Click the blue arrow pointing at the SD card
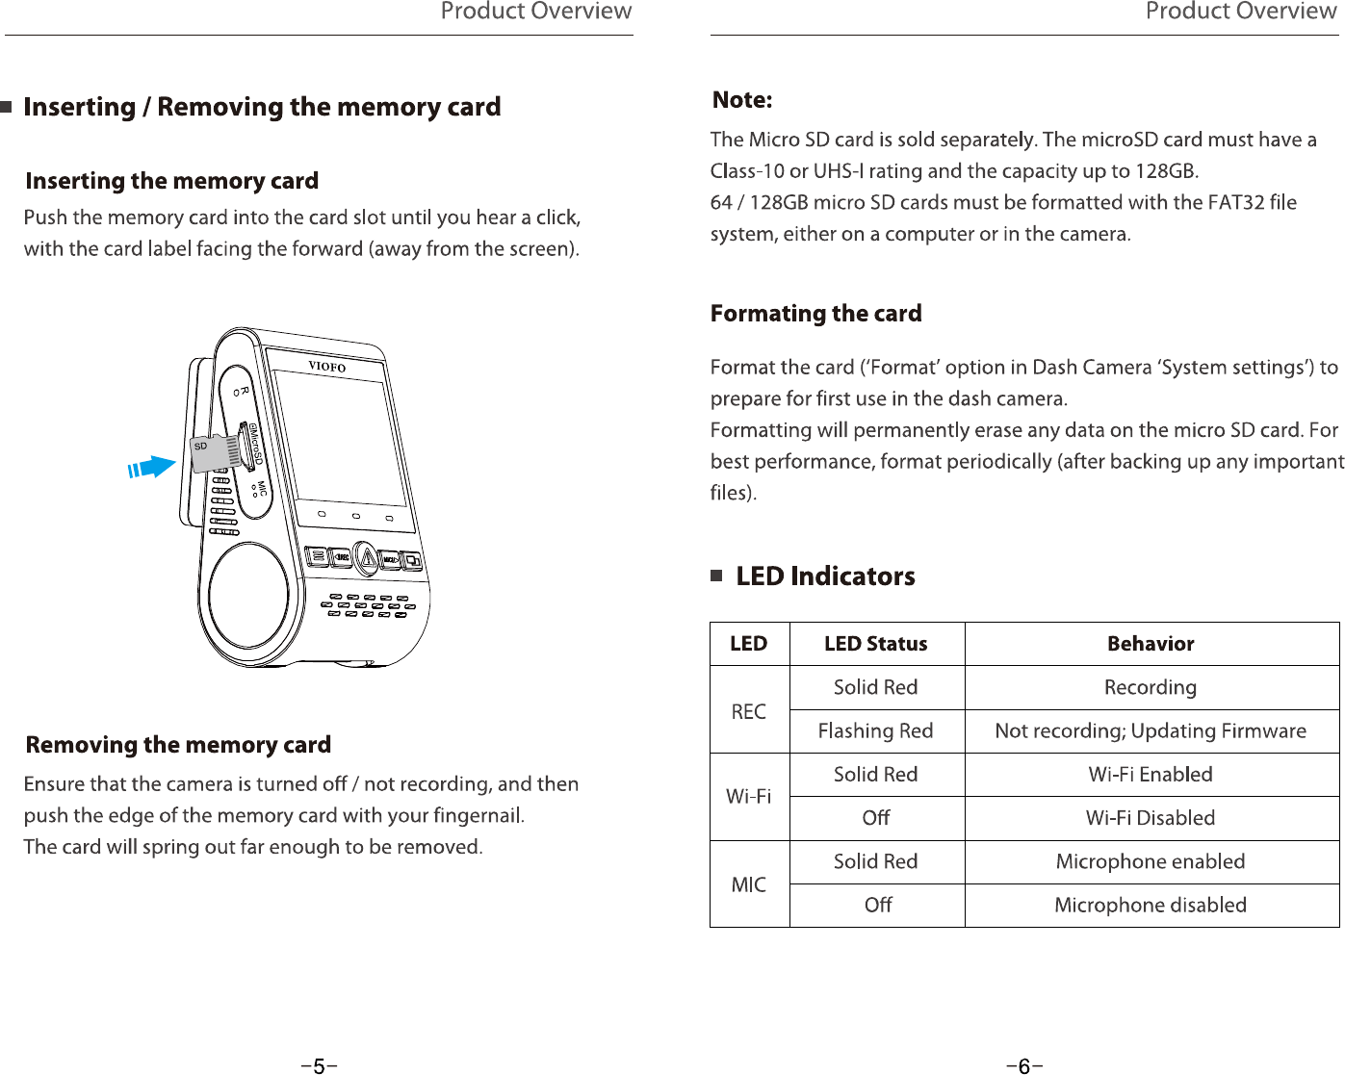[152, 468]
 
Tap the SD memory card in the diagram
[216, 452]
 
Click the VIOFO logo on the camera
[326, 367]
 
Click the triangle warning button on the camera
[366, 558]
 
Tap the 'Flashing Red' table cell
[875, 731]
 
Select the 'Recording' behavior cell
[1151, 687]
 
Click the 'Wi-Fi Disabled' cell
[1151, 818]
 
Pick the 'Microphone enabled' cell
[1151, 861]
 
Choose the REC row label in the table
[749, 711]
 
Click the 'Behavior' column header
[1151, 644]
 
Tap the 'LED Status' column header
[875, 644]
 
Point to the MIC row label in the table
[749, 884]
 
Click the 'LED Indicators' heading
[825, 576]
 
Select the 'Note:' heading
[742, 100]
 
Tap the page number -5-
[319, 1065]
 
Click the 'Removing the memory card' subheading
[178, 745]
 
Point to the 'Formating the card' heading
[815, 314]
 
